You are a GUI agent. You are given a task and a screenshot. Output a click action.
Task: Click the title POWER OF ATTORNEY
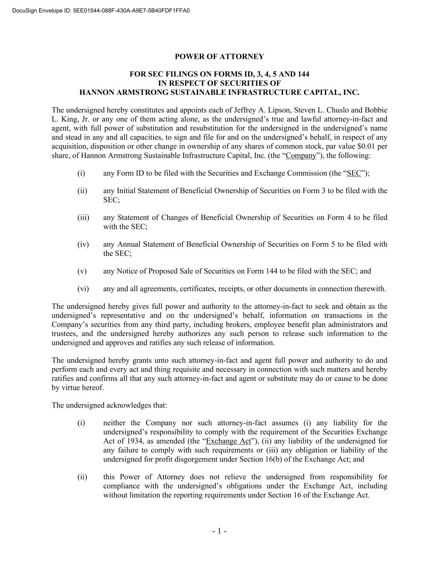coord(219,56)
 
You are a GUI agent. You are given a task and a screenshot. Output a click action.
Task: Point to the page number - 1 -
coord(219,531)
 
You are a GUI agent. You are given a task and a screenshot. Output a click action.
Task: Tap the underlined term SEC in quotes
coord(354,174)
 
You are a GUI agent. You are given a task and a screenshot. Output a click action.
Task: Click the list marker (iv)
coord(83,244)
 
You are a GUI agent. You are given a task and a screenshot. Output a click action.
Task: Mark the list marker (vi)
coord(83,289)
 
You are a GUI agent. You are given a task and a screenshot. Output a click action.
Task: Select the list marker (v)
coord(82,271)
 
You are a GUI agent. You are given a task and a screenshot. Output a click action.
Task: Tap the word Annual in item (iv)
coord(129,244)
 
